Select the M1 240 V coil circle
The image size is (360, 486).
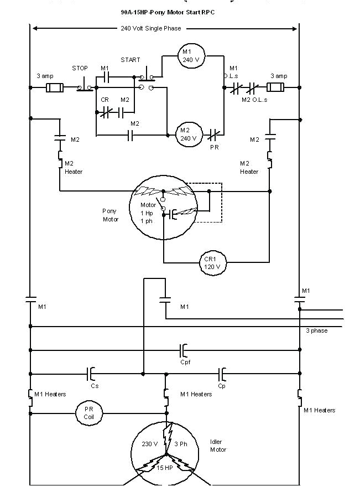(186, 55)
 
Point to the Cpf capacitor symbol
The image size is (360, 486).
(185, 350)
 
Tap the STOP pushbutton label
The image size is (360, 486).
(80, 68)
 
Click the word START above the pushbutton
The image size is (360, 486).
(131, 60)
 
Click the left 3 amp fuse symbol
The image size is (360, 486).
(54, 87)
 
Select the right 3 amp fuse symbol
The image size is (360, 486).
(276, 87)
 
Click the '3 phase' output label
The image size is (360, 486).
(317, 330)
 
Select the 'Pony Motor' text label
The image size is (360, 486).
(111, 215)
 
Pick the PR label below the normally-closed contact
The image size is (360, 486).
(215, 148)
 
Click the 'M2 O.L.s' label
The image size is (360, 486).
(254, 100)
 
